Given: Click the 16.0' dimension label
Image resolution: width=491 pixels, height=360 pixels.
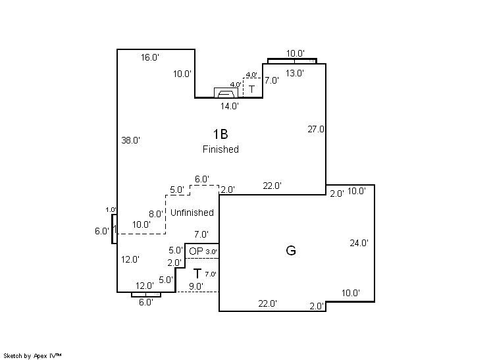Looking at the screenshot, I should pyautogui.click(x=149, y=57).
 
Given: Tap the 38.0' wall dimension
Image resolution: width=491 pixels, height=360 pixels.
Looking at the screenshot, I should pyautogui.click(x=131, y=140).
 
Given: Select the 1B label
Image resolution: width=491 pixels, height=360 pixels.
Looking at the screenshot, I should pyautogui.click(x=220, y=134).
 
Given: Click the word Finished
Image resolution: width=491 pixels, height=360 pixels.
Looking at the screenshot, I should pyautogui.click(x=220, y=149).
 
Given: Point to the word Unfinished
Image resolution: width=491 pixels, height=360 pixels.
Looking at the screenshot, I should pyautogui.click(x=192, y=213).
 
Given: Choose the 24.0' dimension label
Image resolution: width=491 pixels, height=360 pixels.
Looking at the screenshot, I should pyautogui.click(x=359, y=243).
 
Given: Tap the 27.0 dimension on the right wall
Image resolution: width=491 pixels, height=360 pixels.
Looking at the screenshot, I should pyautogui.click(x=316, y=129).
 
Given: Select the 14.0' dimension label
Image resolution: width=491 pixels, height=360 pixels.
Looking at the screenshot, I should pyautogui.click(x=229, y=105).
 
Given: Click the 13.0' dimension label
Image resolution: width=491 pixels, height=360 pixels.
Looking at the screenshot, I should pyautogui.click(x=294, y=73).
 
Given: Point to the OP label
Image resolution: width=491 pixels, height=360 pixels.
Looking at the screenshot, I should pyautogui.click(x=195, y=251).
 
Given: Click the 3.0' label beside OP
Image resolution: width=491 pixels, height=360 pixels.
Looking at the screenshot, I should pyautogui.click(x=211, y=251).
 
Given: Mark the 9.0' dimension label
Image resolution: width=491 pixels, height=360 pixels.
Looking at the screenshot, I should pyautogui.click(x=195, y=286).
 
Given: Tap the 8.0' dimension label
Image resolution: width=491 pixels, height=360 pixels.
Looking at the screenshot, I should pyautogui.click(x=155, y=214).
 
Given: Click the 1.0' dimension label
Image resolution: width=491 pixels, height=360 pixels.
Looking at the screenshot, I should pyautogui.click(x=111, y=210).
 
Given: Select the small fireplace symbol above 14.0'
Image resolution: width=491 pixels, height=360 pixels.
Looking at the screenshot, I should pyautogui.click(x=225, y=92).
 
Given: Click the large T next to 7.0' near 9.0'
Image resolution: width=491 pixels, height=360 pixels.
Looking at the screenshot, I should pyautogui.click(x=197, y=273).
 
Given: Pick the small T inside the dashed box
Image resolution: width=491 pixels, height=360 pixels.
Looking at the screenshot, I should pyautogui.click(x=251, y=88).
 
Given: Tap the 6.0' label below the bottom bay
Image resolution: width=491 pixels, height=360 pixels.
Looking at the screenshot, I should pyautogui.click(x=145, y=302).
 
